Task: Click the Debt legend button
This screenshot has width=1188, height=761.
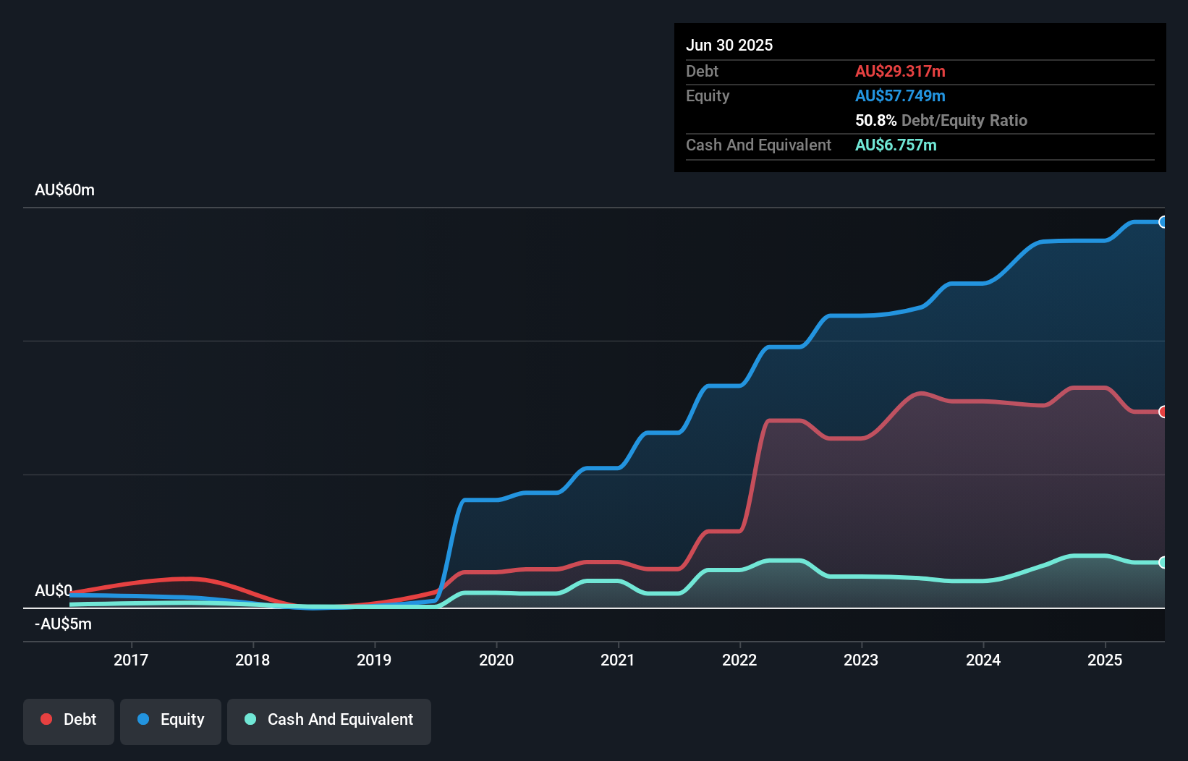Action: tap(69, 720)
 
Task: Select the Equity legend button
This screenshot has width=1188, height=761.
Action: tap(171, 720)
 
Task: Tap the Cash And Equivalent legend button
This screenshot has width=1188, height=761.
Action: tap(329, 720)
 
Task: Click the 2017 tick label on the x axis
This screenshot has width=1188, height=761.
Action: tap(131, 660)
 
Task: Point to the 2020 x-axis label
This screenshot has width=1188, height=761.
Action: tap(496, 660)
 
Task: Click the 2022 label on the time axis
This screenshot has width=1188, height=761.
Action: tap(739, 660)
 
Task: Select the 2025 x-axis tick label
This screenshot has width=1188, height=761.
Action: tap(1105, 660)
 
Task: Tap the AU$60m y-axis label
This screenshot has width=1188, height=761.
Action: tap(64, 190)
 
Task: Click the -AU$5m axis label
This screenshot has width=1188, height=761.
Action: tap(63, 624)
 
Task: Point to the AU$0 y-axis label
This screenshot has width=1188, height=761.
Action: tap(53, 590)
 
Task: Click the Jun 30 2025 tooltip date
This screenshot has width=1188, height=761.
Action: tap(729, 46)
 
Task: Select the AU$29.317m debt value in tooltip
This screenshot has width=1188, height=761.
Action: tap(900, 72)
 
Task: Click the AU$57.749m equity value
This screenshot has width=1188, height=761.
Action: tap(900, 96)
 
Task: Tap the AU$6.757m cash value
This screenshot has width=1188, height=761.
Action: tap(896, 145)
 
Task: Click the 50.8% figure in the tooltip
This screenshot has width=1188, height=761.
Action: tap(875, 121)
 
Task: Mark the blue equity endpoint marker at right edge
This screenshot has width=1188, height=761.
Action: tap(1163, 222)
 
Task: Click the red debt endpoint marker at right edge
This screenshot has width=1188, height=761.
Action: tap(1163, 412)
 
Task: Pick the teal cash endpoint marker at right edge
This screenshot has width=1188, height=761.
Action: tap(1163, 562)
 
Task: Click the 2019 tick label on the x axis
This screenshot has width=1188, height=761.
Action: tap(374, 660)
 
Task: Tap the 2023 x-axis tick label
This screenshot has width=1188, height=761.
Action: tap(861, 660)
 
